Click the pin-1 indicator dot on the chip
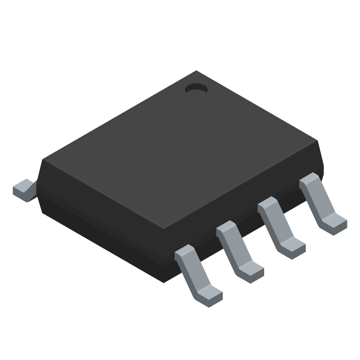[196, 89]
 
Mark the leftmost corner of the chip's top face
[43, 159]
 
